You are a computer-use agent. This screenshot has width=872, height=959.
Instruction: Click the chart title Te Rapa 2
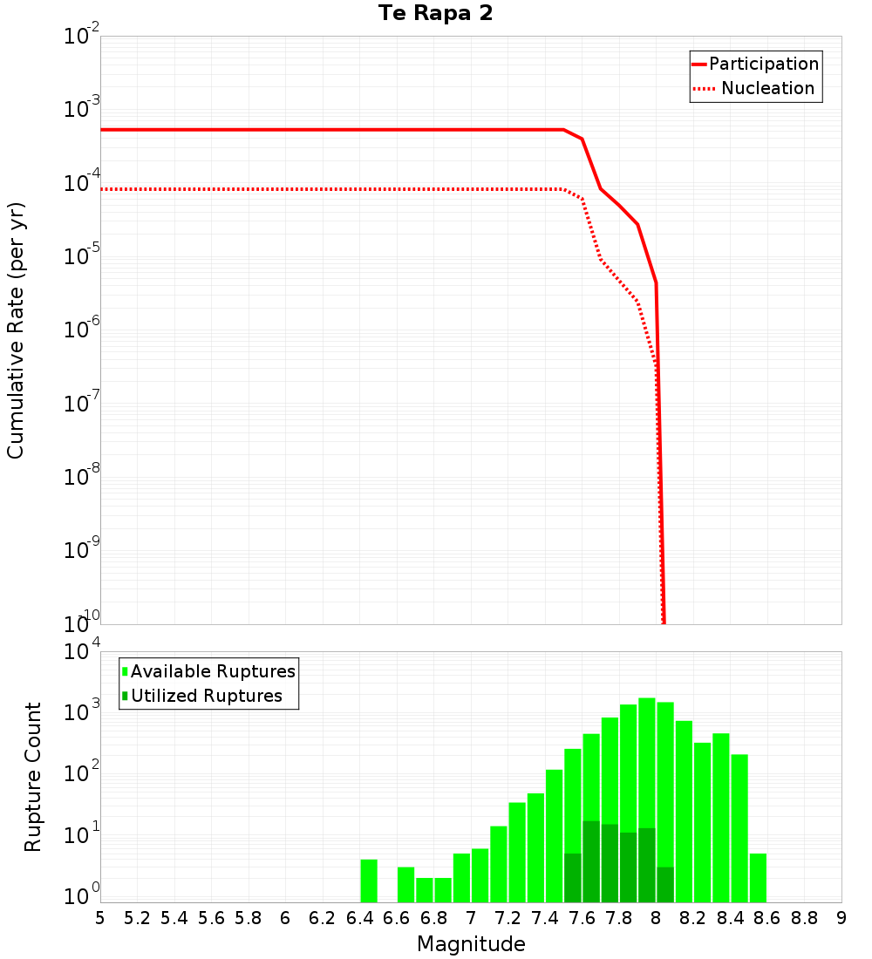click(435, 14)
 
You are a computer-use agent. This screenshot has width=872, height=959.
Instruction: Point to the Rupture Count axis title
click(32, 777)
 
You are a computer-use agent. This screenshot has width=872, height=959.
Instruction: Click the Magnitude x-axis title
click(471, 944)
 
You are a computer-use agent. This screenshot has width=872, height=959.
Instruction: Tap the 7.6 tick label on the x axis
click(582, 918)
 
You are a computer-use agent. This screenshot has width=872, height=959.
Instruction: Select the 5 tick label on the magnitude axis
click(100, 918)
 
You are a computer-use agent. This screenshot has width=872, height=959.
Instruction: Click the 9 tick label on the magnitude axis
click(841, 918)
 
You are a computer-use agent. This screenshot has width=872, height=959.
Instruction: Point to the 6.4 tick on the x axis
click(359, 918)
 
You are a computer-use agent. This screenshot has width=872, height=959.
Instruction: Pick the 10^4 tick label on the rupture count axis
click(82, 653)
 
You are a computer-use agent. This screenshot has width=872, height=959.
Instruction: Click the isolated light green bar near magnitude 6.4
click(369, 881)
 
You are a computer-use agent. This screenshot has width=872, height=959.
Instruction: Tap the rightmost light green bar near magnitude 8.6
click(758, 878)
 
